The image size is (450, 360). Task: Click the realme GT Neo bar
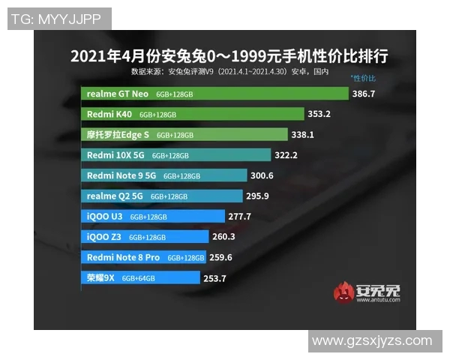pos(214,94)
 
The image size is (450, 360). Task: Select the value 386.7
pos(364,94)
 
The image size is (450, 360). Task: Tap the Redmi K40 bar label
pos(109,115)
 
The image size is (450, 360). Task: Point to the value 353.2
pos(319,115)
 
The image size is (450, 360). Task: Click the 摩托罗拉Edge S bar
pos(184,135)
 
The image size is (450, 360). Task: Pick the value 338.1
pos(302,135)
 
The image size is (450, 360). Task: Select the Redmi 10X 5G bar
pos(175,155)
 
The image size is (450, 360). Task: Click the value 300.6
pos(262,175)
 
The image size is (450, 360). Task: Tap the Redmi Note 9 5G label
pos(121,175)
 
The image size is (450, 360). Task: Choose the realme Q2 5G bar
pos(162,196)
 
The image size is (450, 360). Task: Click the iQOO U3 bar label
pos(104,216)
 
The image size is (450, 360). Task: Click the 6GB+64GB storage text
pos(138,277)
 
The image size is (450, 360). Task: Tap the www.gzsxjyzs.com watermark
pos(372,340)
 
